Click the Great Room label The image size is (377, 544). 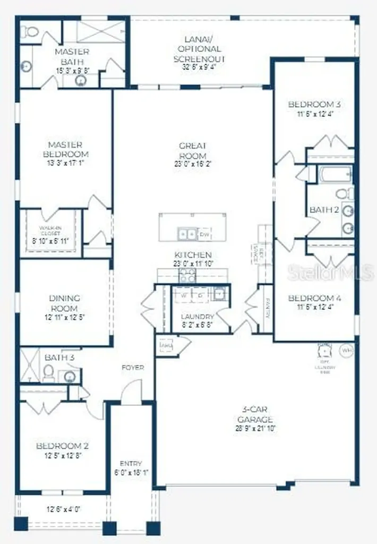click(x=193, y=150)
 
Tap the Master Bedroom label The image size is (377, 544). click(x=65, y=149)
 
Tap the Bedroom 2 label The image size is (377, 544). click(x=63, y=446)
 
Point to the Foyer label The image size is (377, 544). click(x=133, y=367)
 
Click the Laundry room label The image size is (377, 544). click(x=197, y=317)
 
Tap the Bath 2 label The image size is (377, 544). click(x=324, y=210)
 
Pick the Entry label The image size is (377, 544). click(x=131, y=463)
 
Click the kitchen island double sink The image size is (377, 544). click(x=186, y=234)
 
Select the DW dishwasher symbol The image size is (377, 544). click(x=204, y=234)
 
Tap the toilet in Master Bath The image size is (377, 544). click(x=30, y=32)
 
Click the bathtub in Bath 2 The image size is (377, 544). click(x=334, y=174)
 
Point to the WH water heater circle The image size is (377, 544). click(x=347, y=351)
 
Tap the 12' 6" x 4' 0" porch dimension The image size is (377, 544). click(x=63, y=509)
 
